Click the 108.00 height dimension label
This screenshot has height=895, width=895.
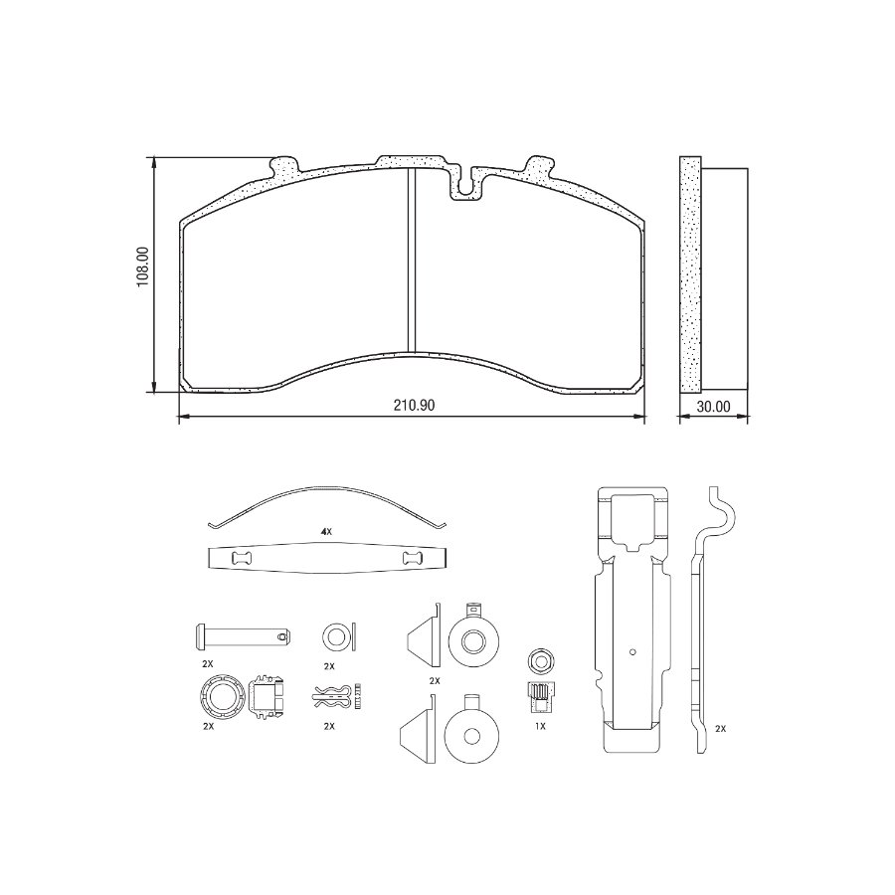click(x=142, y=268)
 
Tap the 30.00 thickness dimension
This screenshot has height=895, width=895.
click(x=714, y=406)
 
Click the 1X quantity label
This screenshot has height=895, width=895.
click(x=540, y=726)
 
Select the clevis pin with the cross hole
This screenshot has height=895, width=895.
click(x=242, y=632)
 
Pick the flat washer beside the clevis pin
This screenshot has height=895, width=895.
click(x=334, y=633)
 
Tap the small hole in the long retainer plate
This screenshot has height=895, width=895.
click(x=633, y=653)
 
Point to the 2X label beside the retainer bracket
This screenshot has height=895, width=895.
click(x=720, y=728)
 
